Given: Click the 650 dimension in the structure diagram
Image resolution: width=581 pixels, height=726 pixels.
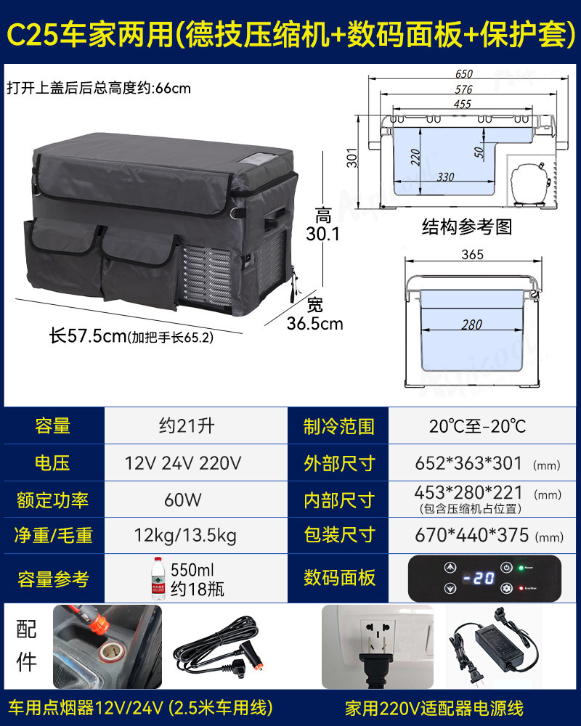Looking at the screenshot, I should tap(464, 74).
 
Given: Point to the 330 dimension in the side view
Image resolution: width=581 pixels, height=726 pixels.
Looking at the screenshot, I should tap(446, 176).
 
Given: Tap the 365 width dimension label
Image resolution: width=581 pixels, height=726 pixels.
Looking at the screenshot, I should tap(471, 254).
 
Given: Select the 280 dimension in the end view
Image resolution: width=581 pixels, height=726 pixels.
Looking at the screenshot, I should tap(471, 325).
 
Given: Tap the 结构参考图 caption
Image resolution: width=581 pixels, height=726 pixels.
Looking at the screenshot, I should tap(467, 227).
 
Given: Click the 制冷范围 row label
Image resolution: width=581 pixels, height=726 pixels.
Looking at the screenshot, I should tap(339, 426).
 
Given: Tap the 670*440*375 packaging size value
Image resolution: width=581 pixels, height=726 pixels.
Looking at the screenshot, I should tap(471, 536).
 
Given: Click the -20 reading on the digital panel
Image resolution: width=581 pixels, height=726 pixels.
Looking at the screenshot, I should tap(479, 579).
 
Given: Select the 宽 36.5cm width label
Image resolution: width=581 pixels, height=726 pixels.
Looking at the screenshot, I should tap(314, 314).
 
